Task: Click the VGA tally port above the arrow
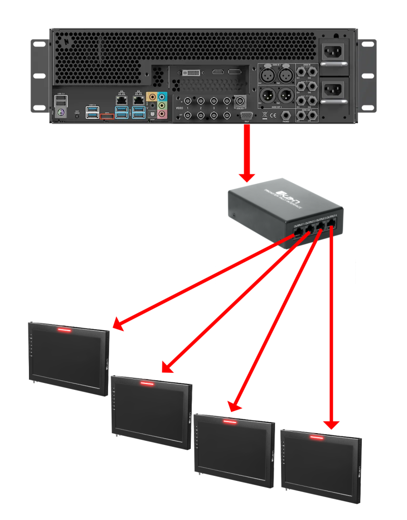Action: pyautogui.click(x=247, y=116)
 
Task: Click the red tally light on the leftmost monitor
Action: pyautogui.click(x=64, y=330)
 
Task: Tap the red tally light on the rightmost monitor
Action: pyautogui.click(x=317, y=437)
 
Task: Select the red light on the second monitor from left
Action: pyautogui.click(x=147, y=383)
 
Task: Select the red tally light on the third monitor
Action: pyautogui.click(x=229, y=421)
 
